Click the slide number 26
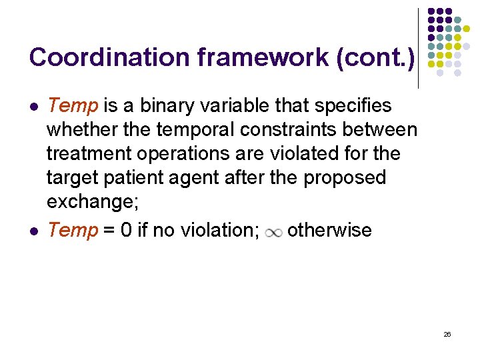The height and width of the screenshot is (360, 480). (447, 334)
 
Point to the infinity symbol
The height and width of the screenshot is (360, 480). (273, 232)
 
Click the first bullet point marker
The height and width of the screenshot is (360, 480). (33, 107)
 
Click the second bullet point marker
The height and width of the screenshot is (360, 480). (33, 231)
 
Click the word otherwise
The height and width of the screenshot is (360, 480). (329, 230)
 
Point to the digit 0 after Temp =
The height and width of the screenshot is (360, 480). (125, 230)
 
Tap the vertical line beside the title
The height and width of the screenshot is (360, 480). (418, 48)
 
